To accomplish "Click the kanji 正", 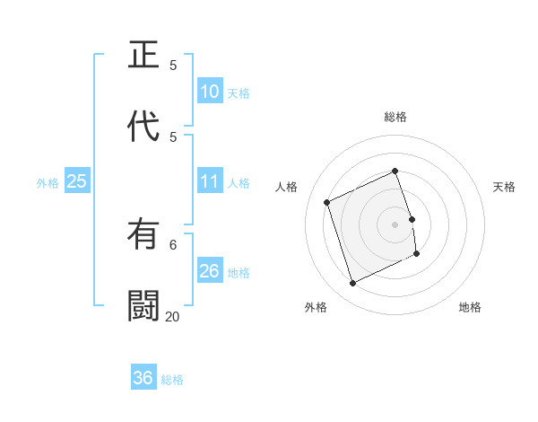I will tap(144, 56).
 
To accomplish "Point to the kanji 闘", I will tap(144, 305).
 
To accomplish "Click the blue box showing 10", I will tap(210, 92).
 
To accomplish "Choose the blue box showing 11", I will tap(210, 181).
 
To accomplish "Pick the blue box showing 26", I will tap(210, 271).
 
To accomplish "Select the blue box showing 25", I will tap(77, 181).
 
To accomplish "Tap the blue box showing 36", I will tap(143, 378).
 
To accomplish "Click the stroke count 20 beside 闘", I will tap(172, 316).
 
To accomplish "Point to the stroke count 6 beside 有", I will tap(173, 244).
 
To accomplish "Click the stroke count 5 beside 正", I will tap(173, 65).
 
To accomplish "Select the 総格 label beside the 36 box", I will tap(172, 380).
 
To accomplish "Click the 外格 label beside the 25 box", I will tap(48, 183).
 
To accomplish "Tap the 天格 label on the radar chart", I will tap(504, 187).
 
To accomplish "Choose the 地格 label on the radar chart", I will tap(470, 307).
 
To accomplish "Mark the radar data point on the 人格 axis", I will tap(327, 202).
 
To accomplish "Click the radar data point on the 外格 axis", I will tap(352, 284).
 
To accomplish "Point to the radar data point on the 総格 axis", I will tap(395, 171).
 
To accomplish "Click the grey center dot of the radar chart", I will tap(395, 224).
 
